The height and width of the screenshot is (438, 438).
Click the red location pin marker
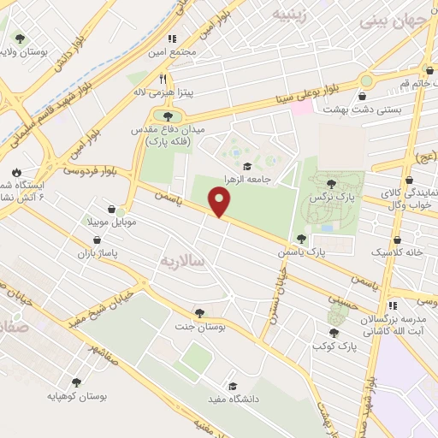tap(220, 203)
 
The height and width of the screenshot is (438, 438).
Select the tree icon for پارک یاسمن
tap(300, 239)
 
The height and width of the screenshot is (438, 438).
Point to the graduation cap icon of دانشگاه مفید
tap(232, 385)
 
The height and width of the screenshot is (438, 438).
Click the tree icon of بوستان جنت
tap(199, 313)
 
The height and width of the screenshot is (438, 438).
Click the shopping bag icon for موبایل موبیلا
tap(112, 208)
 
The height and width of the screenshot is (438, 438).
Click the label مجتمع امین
tap(195, 51)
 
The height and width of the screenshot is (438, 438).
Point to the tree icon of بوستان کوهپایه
tap(76, 384)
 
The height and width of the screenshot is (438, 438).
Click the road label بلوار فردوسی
tap(85, 170)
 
